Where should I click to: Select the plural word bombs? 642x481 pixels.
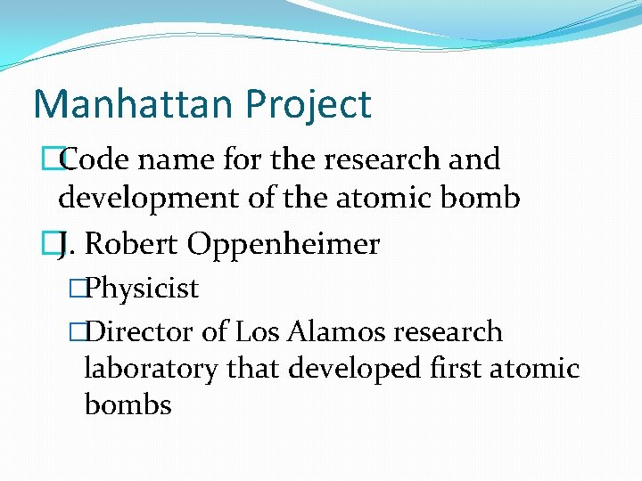(x=128, y=404)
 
